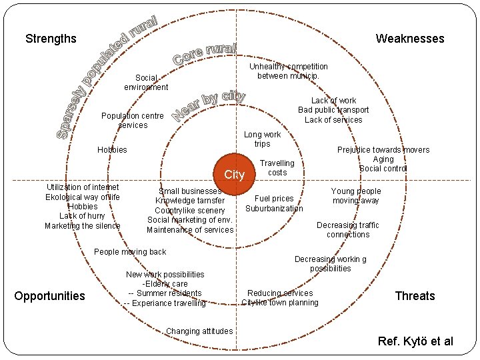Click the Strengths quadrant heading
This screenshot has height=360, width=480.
point(51,39)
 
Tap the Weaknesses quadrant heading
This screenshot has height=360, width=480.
point(409,39)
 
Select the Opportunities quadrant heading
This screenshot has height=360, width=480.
point(50,296)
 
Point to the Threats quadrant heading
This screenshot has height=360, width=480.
point(415,296)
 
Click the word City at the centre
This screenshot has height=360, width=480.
point(235,175)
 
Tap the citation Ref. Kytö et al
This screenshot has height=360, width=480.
point(415,341)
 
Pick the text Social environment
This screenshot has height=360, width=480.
point(146,83)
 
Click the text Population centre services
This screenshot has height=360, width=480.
point(133,121)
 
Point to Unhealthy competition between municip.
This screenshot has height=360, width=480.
point(289,71)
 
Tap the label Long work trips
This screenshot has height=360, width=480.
point(262,139)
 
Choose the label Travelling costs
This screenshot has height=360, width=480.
point(277,168)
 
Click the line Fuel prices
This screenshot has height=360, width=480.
point(274,199)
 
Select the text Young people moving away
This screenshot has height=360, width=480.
point(357,196)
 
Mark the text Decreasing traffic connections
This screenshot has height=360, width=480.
point(348,230)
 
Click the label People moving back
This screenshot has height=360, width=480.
point(130,252)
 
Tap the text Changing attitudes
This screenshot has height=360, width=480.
point(199,331)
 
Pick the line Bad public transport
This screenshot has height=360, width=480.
point(333,110)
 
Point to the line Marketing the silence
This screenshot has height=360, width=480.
point(83,226)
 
